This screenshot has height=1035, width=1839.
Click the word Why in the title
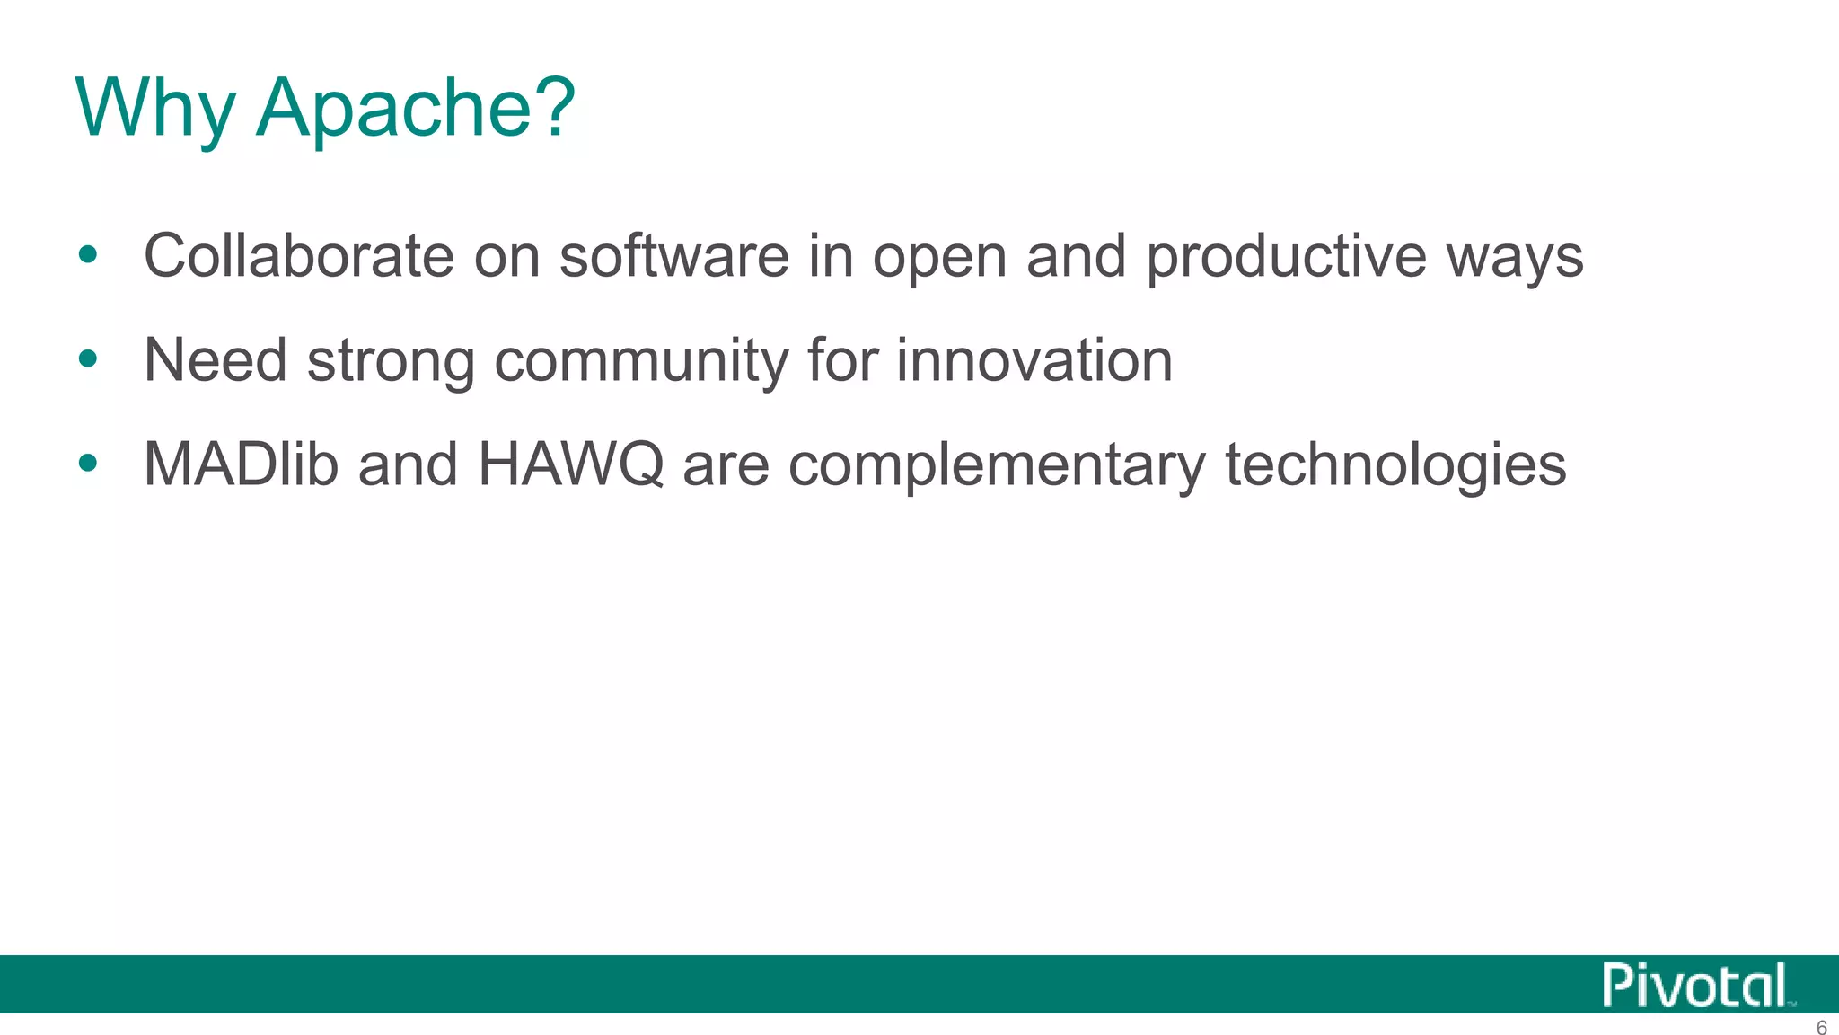(154, 108)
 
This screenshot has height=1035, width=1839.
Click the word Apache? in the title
(415, 108)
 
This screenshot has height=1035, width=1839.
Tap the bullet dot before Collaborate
(87, 255)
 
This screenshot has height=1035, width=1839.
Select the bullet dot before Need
(87, 359)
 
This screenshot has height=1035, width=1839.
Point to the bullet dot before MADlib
(87, 464)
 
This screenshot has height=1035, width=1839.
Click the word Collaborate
(298, 256)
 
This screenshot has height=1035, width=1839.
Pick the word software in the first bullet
(673, 256)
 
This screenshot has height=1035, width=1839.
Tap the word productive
(1285, 258)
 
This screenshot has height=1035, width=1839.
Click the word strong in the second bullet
(391, 361)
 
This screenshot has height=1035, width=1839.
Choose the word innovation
(1034, 359)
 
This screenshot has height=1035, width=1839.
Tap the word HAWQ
(570, 464)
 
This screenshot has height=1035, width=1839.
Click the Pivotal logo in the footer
(1695, 986)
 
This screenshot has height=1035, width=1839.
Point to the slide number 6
(1821, 1027)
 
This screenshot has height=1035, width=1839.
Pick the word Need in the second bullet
(215, 359)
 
